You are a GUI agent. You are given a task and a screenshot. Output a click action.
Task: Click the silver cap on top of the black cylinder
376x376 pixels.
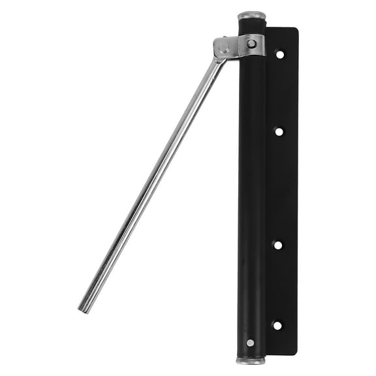[251, 15]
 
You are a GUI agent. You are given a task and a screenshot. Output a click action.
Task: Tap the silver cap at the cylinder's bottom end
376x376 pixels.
[251, 360]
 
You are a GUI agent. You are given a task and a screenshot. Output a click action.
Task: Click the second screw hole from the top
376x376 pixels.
[279, 131]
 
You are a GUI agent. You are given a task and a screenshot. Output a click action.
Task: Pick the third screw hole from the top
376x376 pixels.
[278, 245]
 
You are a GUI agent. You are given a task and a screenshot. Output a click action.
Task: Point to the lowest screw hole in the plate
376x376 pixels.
[277, 324]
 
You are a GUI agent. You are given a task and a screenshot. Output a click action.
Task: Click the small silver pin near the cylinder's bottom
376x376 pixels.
[250, 343]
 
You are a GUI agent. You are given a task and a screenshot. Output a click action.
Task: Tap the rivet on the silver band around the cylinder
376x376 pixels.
[251, 44]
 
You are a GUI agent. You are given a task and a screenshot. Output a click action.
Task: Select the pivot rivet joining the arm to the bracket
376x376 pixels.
[224, 48]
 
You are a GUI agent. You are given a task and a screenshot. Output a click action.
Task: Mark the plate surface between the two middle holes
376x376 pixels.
[279, 189]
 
